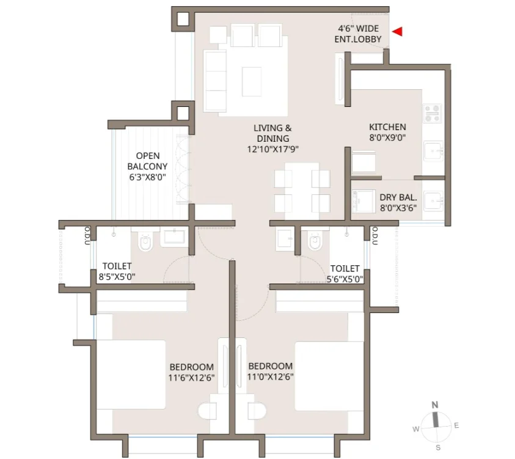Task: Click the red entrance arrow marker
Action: pos(398,32)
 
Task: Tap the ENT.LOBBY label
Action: pos(358,39)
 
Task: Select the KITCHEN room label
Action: pos(387,127)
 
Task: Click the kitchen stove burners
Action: pos(433,113)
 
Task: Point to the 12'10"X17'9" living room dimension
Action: pos(272,150)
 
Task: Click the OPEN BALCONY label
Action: pos(147,161)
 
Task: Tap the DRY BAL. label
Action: pos(398,197)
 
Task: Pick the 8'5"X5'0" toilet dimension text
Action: pos(117,277)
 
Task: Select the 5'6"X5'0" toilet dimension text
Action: pos(345,279)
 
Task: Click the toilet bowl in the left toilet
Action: pos(146,242)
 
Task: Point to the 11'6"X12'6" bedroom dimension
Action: pos(191,378)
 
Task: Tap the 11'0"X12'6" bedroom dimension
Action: pos(270,376)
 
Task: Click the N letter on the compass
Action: pos(434,405)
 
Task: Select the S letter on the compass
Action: pos(438,447)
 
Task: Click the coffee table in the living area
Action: pos(252,82)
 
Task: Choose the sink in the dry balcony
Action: pos(434,201)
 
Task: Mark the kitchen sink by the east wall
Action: pos(434,151)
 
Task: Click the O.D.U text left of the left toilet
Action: pos(87,235)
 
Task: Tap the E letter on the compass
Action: pos(456,425)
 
